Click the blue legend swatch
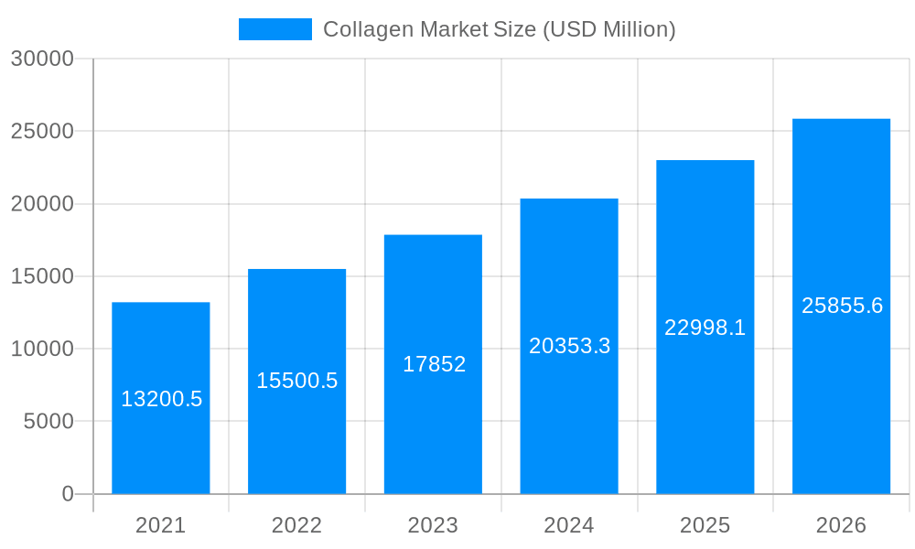pos(274,29)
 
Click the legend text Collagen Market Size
pos(499,29)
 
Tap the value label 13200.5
pos(161,399)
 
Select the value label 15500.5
pos(296,381)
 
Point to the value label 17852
pos(434,364)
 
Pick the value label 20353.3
pos(569,346)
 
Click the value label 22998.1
pos(705,328)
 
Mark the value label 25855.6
pos(842,306)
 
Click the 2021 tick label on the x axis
pos(161,525)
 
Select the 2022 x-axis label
pos(296,525)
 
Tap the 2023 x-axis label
pos(433,525)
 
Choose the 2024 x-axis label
pos(569,525)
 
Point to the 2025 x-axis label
pos(705,525)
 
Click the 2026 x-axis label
pos(841,525)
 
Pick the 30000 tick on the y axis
pos(42,59)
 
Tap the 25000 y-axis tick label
pos(42,131)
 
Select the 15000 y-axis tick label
pos(42,276)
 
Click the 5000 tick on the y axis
pos(48,421)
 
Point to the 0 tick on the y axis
pos(68,494)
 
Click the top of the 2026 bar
pos(841,120)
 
